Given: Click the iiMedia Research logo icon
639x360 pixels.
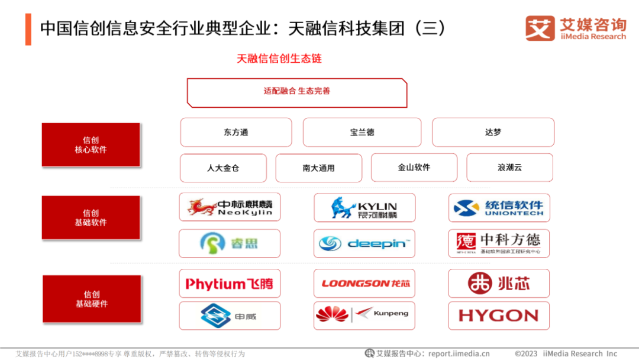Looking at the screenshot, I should pos(540,28).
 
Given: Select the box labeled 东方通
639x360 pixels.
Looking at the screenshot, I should pos(236,132).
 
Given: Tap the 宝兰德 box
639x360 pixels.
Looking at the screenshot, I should pos(362,132).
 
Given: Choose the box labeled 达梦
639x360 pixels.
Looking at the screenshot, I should pos(493,132).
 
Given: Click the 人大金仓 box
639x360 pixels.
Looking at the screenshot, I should pos(223,168).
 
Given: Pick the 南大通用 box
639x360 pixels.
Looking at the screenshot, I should pos(319,168).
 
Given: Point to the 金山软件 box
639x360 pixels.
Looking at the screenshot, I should pos(414,168).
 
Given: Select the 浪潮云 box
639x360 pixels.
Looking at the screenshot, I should pos(509,168).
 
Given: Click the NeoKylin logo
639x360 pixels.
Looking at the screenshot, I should pos(230,207).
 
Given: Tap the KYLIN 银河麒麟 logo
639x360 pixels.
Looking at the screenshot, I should pos(364,208).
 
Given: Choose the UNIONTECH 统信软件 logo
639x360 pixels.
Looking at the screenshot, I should pos(499,208).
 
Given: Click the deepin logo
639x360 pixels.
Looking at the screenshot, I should pos(364,243).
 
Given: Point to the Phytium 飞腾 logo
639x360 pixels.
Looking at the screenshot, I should pos(230,284).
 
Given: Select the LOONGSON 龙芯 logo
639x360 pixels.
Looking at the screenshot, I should pos(364,284).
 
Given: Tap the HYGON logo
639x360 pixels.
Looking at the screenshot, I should pos(499,316).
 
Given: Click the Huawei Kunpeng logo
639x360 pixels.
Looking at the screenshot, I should pos(364,314).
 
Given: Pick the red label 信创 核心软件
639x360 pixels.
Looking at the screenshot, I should pos(91,145).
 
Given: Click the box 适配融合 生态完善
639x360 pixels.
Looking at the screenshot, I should pos(297,92).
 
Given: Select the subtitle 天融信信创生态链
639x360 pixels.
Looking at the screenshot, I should pos(279,59).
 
